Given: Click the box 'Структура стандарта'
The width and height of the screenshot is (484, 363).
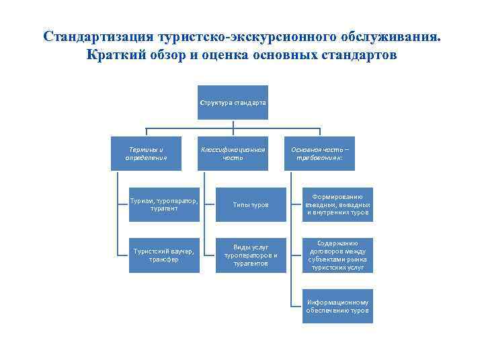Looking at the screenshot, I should [233, 102].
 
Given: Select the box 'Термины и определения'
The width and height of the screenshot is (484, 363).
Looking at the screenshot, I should [146, 153].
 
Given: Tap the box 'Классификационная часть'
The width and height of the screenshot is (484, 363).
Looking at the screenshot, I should [233, 153].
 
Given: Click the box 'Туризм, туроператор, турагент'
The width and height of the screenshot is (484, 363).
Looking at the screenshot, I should [165, 204].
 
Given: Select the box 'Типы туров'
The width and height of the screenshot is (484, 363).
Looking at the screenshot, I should [250, 204].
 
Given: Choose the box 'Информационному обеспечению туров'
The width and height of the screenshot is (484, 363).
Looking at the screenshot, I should [337, 306].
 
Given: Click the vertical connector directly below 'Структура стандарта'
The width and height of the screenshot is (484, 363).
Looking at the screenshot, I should [233, 124].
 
